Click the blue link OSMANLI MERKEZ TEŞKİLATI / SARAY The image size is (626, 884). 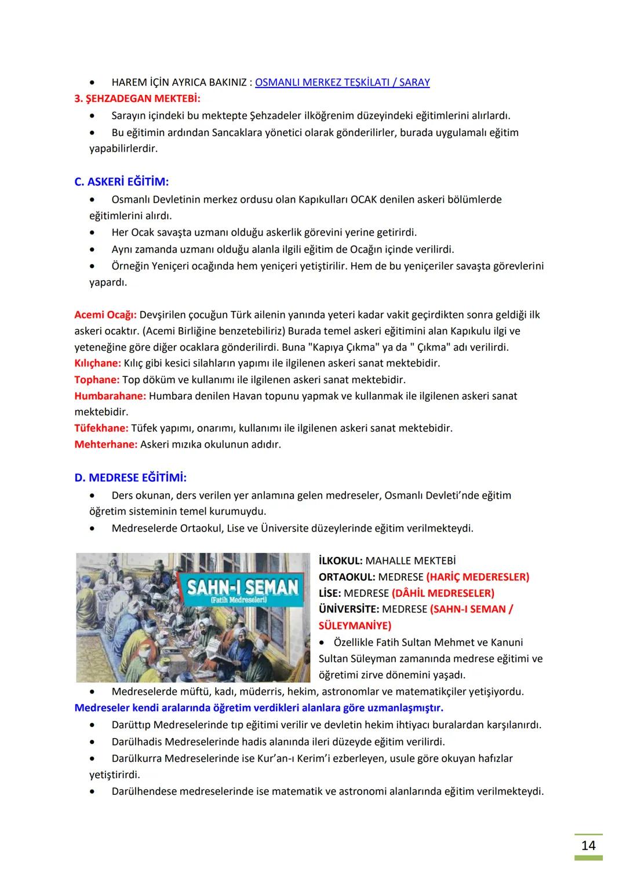[x=342, y=82]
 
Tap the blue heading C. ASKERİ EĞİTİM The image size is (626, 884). [x=122, y=182]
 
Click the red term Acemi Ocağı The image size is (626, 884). [x=105, y=315]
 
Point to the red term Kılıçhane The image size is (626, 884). [x=97, y=364]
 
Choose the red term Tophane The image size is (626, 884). [x=96, y=380]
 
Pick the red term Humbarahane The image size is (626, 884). [x=110, y=396]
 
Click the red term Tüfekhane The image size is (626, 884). [x=101, y=428]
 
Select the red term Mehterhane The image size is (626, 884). [x=105, y=445]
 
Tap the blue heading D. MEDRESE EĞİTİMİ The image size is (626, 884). [x=130, y=478]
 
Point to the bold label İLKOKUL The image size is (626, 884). [x=340, y=561]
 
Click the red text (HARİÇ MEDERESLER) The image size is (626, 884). [x=477, y=577]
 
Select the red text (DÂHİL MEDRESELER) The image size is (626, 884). [x=442, y=593]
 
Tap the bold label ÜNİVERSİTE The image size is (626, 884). [x=349, y=610]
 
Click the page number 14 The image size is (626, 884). [x=588, y=846]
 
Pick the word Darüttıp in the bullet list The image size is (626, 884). [x=132, y=725]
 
